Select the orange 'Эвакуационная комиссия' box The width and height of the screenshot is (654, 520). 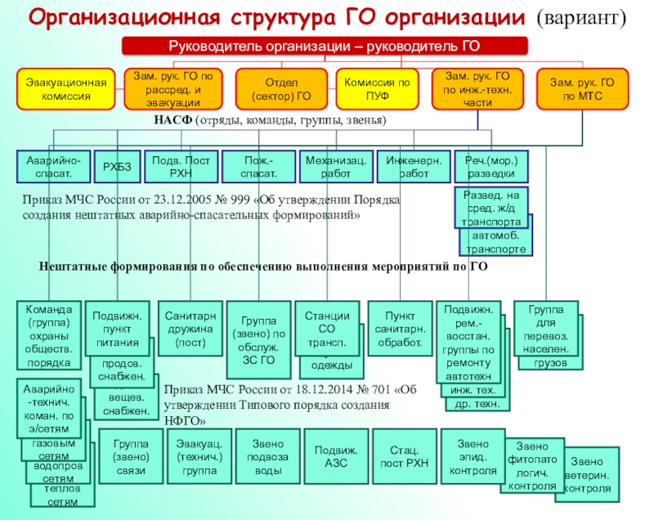[x=65, y=90]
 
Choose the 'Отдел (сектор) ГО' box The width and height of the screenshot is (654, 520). [x=282, y=90]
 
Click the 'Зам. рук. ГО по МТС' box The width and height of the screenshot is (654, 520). [x=582, y=90]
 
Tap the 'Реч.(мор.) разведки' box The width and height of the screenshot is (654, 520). [x=491, y=166]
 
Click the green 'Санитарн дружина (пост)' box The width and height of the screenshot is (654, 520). [x=190, y=329]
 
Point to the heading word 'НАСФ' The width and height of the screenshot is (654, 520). [x=172, y=120]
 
